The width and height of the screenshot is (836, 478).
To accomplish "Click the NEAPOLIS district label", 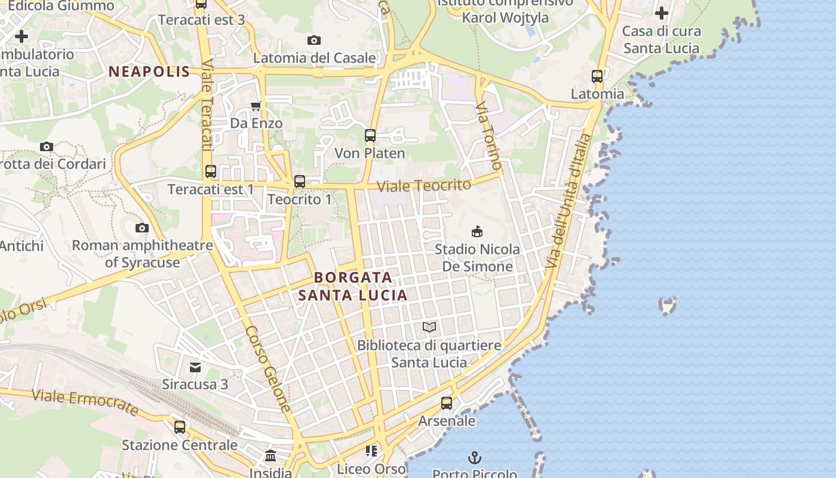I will [149, 72].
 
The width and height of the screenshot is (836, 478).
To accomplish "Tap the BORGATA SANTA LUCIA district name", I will [353, 286].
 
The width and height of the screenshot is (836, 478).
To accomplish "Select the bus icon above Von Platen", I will [370, 136].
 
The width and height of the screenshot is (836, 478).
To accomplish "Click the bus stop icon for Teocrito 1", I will [300, 182].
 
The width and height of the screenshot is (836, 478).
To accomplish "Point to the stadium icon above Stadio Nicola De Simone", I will [477, 231].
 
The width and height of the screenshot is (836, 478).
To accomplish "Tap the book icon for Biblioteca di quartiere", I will [429, 327].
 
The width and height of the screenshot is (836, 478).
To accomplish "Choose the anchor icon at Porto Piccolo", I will [474, 458].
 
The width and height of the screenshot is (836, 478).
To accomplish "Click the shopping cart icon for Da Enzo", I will [256, 106].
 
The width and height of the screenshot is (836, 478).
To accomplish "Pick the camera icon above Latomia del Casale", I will [314, 40].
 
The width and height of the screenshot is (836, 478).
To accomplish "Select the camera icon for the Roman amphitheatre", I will [142, 228].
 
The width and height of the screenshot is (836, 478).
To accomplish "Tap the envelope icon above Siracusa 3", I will [195, 367].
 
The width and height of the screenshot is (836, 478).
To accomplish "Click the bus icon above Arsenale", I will [447, 403].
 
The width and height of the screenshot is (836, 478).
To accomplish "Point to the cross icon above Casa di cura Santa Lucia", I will [661, 13].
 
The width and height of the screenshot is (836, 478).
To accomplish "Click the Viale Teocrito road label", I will [424, 185].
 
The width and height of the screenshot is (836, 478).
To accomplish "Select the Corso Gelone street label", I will [268, 369].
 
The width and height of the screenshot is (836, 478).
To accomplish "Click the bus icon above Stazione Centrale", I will [180, 427].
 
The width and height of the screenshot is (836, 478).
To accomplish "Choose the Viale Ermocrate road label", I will [85, 402].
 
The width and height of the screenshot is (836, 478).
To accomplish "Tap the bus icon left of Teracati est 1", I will [211, 171].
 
